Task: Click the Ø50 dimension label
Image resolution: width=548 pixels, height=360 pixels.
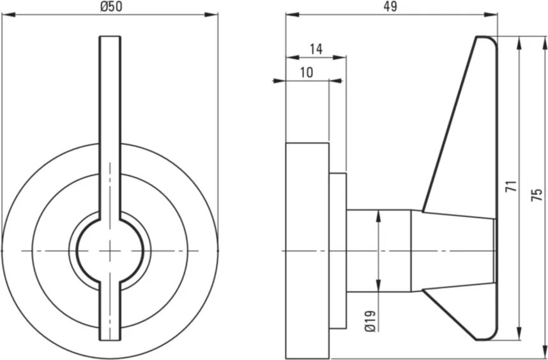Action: click(x=112, y=6)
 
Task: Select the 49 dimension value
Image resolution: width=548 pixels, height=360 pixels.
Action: click(x=390, y=6)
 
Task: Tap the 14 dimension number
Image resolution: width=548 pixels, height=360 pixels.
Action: click(x=316, y=49)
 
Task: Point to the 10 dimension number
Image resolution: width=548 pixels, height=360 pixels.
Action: click(x=307, y=73)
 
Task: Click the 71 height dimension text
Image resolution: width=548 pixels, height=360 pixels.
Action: click(x=512, y=186)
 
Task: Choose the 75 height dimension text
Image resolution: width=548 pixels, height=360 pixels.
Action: click(x=537, y=195)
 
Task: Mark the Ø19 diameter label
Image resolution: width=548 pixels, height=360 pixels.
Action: click(x=370, y=320)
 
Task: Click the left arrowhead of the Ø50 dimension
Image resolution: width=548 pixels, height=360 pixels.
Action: click(x=9, y=15)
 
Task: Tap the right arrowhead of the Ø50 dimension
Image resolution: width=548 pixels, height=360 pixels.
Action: click(x=211, y=15)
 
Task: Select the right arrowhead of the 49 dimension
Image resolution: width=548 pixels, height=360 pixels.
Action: click(x=491, y=15)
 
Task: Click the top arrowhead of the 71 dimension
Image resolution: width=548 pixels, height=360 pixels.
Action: click(x=519, y=43)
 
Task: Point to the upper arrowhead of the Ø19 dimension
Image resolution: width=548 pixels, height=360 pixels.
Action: click(x=378, y=216)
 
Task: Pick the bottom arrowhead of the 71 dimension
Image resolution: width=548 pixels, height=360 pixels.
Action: click(x=519, y=333)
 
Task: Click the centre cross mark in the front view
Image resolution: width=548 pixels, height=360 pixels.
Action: click(x=110, y=251)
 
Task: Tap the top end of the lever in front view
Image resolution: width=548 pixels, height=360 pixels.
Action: click(x=110, y=36)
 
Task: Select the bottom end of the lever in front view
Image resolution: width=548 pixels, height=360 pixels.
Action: click(x=110, y=340)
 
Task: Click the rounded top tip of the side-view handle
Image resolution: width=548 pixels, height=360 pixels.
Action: click(x=487, y=38)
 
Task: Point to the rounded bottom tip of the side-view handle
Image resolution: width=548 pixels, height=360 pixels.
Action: click(x=487, y=338)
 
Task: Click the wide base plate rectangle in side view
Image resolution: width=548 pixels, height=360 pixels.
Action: click(x=308, y=251)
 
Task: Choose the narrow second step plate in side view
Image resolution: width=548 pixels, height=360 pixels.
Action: click(x=338, y=251)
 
